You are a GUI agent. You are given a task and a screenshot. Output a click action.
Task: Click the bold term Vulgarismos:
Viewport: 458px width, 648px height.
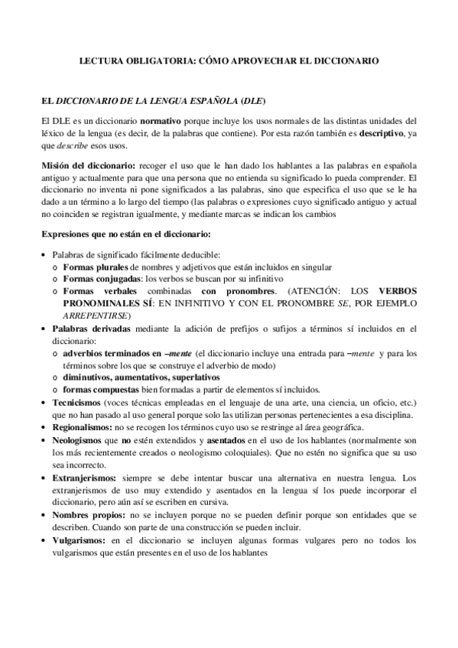(x=79, y=541)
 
